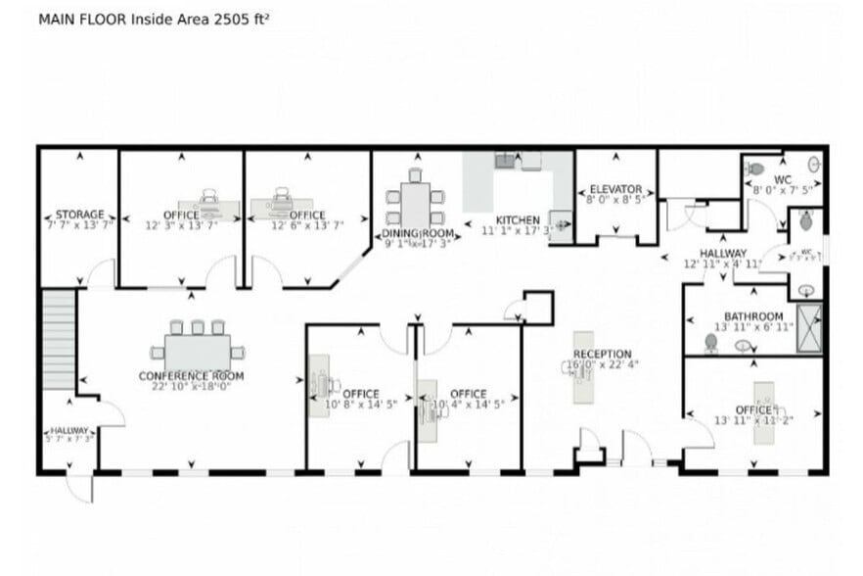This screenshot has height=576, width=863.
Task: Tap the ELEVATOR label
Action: point(614,189)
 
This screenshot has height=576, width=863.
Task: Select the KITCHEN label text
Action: point(517,219)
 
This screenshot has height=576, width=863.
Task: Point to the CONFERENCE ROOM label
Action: point(191,376)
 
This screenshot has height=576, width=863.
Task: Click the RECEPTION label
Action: point(602,354)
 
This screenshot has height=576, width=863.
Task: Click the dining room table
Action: point(416,206)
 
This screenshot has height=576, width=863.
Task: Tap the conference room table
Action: point(197,350)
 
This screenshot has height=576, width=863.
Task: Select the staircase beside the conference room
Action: point(59,338)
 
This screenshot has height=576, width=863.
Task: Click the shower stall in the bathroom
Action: point(810,329)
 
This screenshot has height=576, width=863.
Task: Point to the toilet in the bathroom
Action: point(711,343)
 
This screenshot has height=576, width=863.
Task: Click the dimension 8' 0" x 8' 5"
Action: point(614,200)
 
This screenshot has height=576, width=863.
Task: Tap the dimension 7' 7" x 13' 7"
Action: point(79,225)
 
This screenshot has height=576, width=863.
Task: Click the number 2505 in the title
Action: point(221,19)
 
